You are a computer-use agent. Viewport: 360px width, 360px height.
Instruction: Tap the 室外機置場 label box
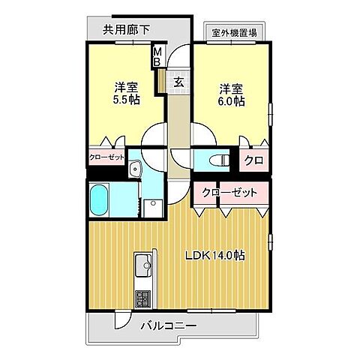[234, 32]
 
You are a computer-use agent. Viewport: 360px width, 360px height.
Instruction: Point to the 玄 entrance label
[180, 81]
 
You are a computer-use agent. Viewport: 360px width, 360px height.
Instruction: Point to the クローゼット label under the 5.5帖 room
[107, 157]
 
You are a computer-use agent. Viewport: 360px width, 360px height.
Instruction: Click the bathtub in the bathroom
[100, 200]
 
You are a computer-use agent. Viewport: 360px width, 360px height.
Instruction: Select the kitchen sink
[142, 265]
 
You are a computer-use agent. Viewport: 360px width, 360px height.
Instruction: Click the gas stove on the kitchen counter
[142, 298]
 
